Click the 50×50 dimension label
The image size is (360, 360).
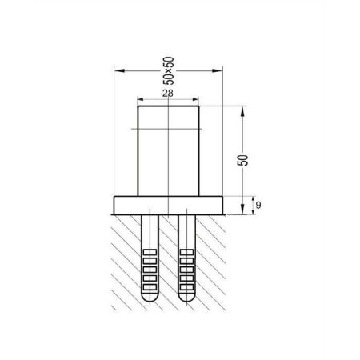tap(168, 70)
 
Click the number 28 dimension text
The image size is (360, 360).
tap(168, 94)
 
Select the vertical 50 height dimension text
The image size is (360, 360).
tap(242, 160)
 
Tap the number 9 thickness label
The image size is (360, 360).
tap(258, 205)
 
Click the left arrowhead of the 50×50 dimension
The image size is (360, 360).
tap(119, 70)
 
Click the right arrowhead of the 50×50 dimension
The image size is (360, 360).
tap(217, 70)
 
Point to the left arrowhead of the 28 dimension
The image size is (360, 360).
tap(141, 100)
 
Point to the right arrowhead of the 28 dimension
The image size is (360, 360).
tap(196, 100)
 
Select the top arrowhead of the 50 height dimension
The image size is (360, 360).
tap(242, 111)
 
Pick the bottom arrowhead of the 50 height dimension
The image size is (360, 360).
tap(242, 209)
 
